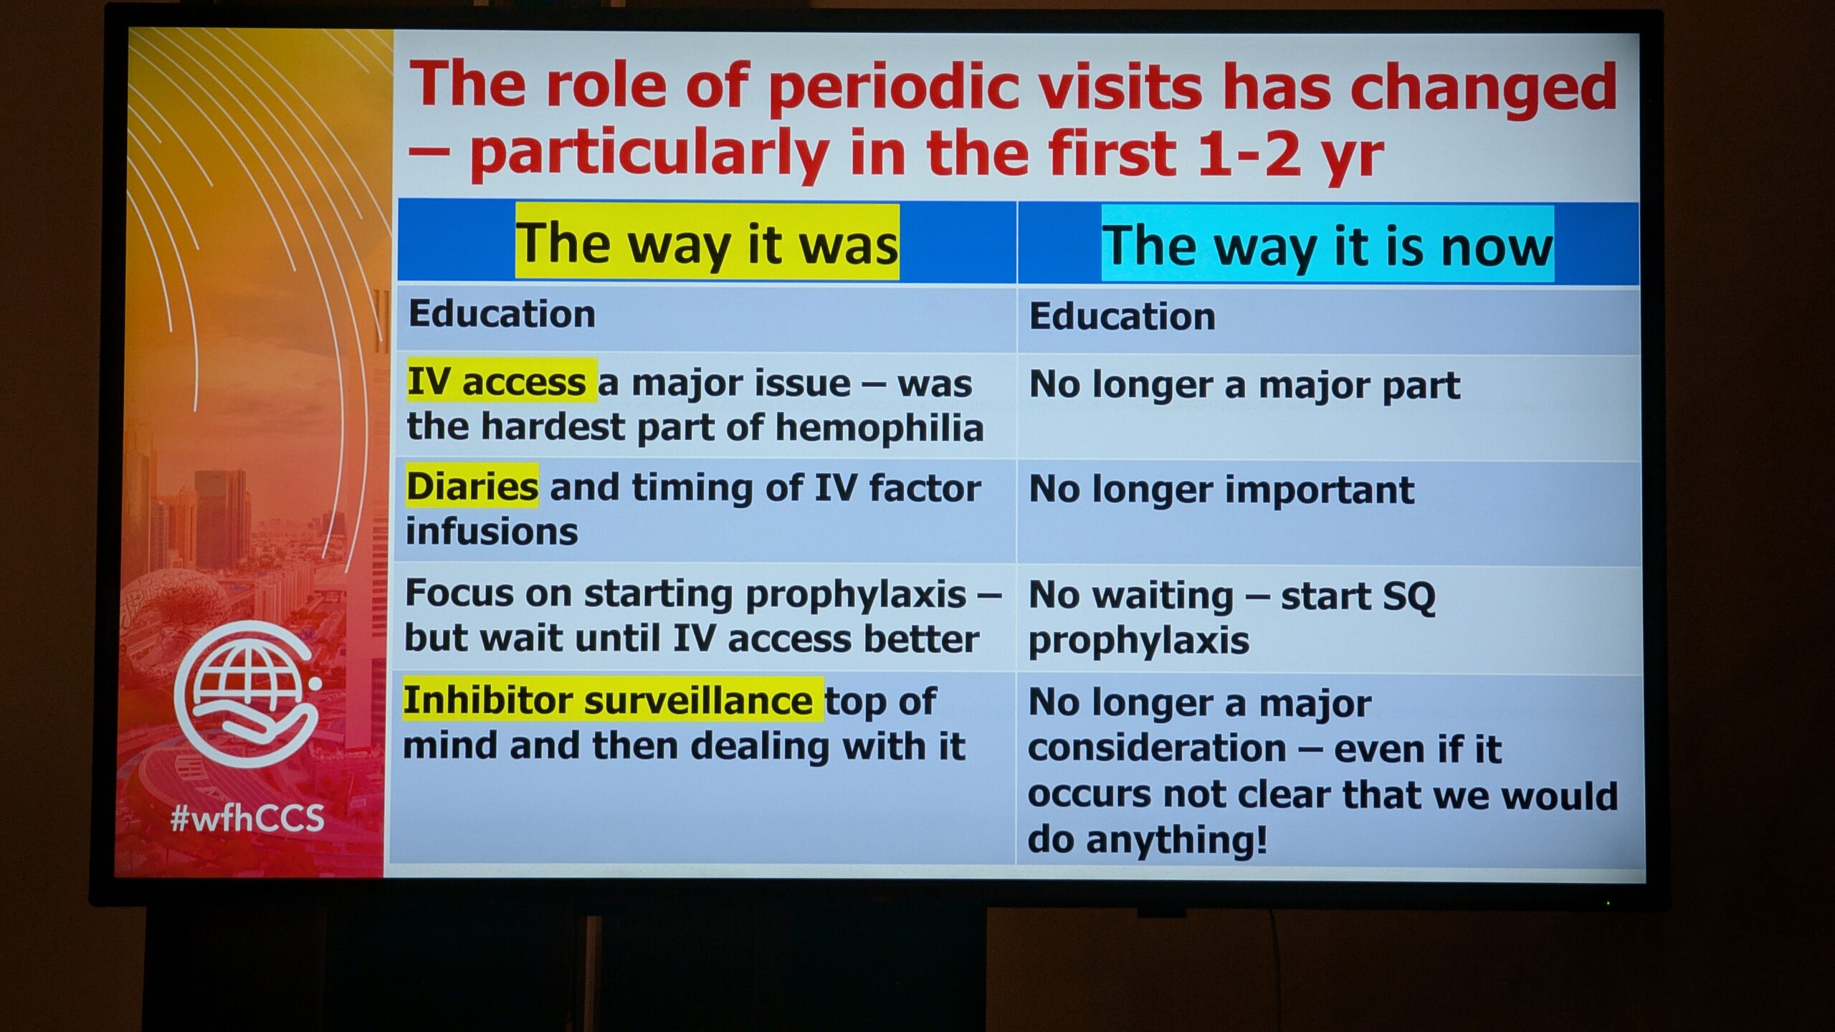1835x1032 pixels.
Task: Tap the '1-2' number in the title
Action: coord(1249,153)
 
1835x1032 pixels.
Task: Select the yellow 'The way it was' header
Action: coord(707,242)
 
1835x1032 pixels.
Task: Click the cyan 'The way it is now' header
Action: coord(1328,244)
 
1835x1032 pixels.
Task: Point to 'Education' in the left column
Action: coord(502,314)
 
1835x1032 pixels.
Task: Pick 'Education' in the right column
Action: coord(1123,317)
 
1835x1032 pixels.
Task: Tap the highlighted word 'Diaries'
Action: coord(472,487)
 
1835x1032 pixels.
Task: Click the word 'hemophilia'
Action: coord(880,428)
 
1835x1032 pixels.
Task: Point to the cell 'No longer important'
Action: coord(1221,491)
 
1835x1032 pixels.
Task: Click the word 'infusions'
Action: coord(492,532)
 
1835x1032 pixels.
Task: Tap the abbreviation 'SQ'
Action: coord(1409,596)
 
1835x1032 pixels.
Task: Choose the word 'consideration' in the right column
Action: coord(1157,750)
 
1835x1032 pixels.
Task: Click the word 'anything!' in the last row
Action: coord(1177,840)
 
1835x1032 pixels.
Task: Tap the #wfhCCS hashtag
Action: coord(247,817)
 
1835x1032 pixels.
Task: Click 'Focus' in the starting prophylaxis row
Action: coord(459,594)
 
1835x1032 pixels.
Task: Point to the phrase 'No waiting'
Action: coord(1131,596)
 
